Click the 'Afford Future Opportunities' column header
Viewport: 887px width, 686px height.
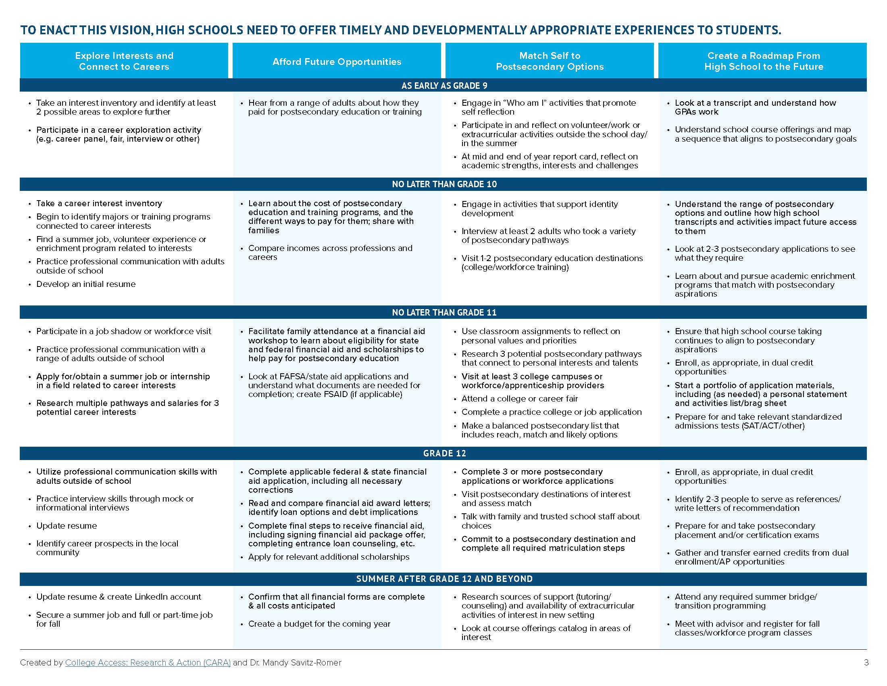pos(337,62)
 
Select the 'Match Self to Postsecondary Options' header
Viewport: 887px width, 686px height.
pos(550,61)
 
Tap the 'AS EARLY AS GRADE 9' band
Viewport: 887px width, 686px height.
pos(444,86)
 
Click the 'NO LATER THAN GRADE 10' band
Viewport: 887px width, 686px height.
pos(444,184)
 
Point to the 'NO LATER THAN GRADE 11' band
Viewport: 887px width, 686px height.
pos(444,312)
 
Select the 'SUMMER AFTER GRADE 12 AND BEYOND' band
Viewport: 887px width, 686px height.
pos(444,579)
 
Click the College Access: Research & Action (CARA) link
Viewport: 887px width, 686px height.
pos(148,663)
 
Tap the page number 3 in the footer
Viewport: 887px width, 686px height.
pos(866,663)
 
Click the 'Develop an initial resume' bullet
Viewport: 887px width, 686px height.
pos(86,284)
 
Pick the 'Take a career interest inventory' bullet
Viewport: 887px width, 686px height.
pos(99,203)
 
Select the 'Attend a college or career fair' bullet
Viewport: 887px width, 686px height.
pos(519,399)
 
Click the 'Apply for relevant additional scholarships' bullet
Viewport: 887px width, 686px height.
pos(329,557)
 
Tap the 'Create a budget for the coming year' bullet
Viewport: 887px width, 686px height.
pos(319,624)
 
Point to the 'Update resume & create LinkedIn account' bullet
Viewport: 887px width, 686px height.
pos(119,596)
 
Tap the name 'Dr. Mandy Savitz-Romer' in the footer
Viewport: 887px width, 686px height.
pos(295,663)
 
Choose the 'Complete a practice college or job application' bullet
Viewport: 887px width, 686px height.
pos(551,412)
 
